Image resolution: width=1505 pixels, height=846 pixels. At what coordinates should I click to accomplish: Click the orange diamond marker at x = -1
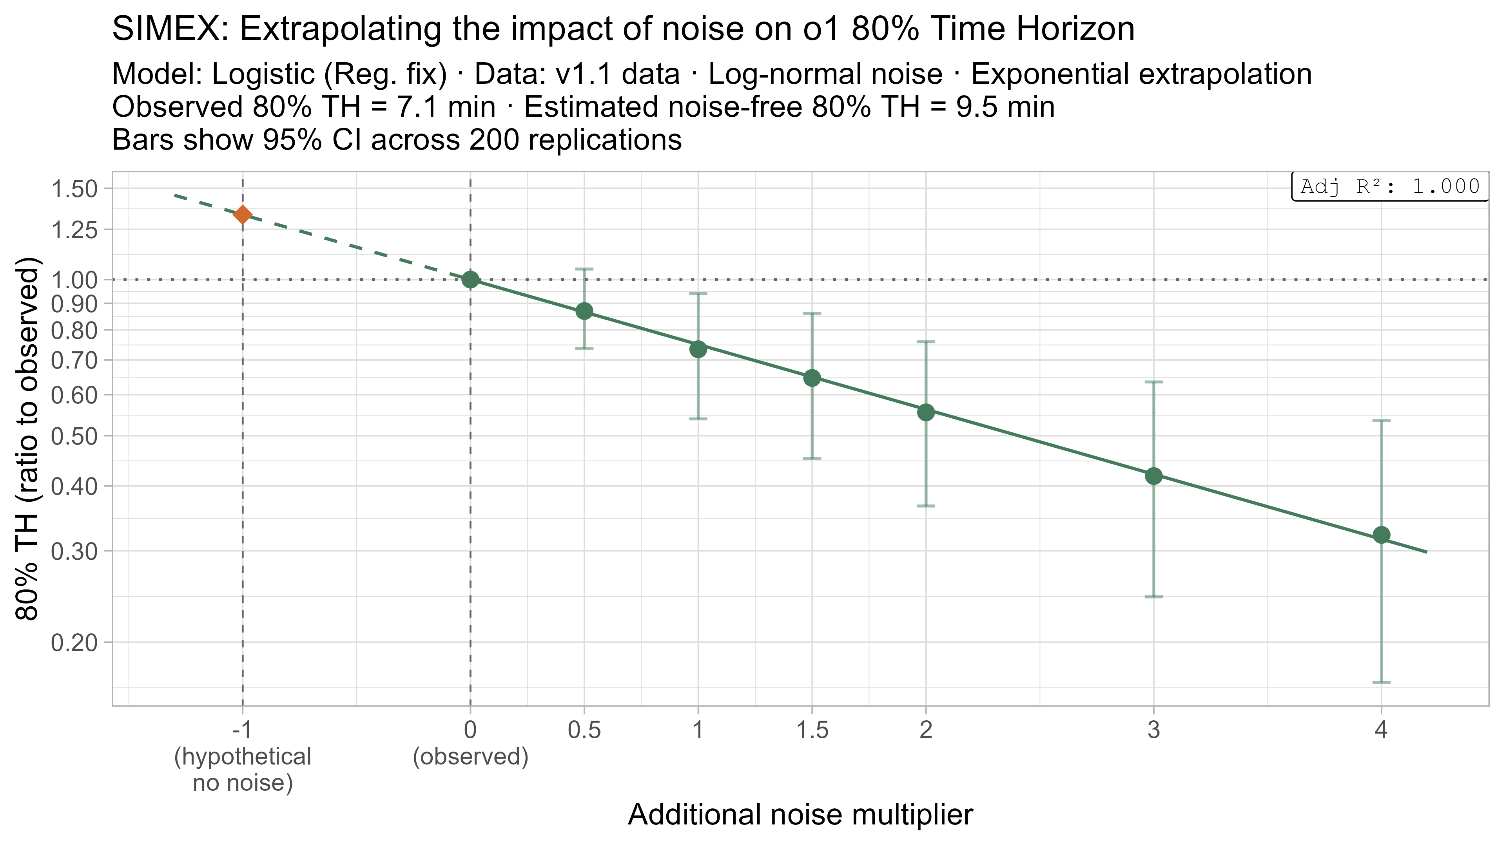tap(243, 215)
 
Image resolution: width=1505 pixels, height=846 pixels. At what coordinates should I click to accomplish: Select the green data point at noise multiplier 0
tap(470, 280)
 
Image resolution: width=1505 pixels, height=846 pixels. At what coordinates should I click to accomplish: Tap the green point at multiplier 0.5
tap(584, 311)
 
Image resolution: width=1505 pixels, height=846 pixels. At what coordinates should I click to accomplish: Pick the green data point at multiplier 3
tap(1153, 476)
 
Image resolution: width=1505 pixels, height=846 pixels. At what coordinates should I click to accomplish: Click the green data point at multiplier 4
tap(1381, 535)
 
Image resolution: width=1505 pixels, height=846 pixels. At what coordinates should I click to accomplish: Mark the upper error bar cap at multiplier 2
tap(926, 342)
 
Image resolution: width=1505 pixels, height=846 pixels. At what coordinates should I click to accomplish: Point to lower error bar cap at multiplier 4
tap(1381, 682)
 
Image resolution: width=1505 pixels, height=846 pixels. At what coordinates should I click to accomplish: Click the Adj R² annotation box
tap(1389, 186)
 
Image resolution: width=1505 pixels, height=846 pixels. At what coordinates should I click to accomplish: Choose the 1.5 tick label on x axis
tap(812, 730)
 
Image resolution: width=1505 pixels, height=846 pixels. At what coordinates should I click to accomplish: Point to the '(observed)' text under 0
tap(470, 757)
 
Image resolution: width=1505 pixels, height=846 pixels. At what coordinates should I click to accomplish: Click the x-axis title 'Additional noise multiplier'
tap(800, 815)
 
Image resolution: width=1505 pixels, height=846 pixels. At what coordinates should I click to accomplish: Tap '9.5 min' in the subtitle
tap(1005, 107)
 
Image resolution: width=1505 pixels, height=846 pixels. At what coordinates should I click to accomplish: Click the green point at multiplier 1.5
tap(812, 378)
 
